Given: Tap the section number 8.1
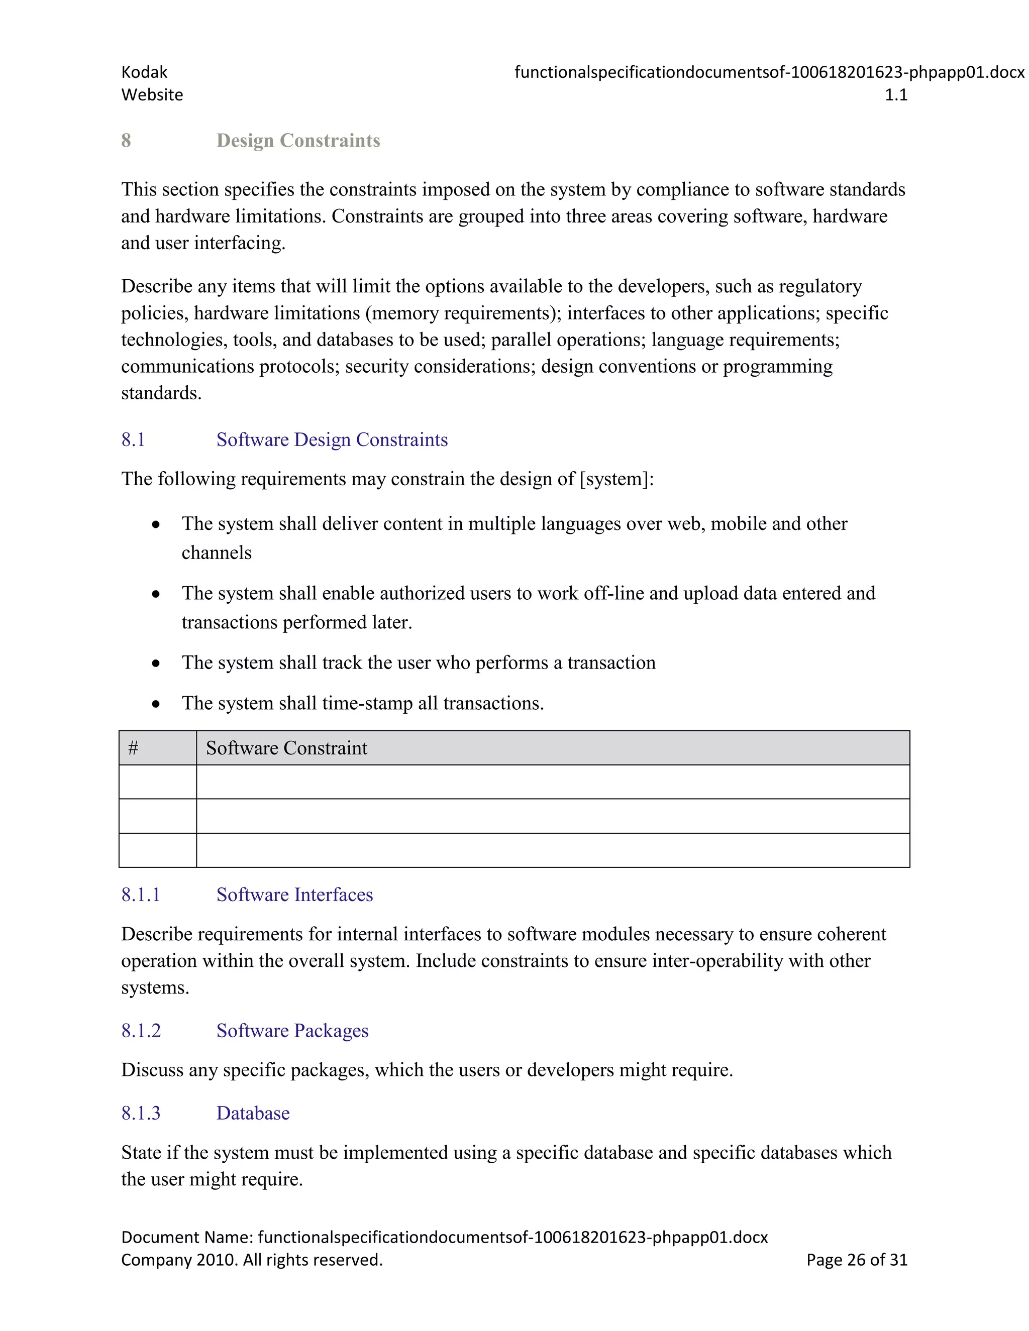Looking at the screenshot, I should coord(133,439).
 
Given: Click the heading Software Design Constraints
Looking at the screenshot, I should coord(332,439).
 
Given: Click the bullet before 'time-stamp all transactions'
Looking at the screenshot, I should coord(156,704).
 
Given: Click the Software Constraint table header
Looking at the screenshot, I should coord(286,748).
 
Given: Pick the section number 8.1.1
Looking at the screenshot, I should coord(140,895).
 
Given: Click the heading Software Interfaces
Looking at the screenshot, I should coord(294,895).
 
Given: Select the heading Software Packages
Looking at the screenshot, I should coord(292,1031).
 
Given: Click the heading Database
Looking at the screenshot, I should coord(253,1113).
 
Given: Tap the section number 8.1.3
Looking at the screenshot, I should coord(140,1113).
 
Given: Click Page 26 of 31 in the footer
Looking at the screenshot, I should coord(857,1260).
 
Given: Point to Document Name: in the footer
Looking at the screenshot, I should coord(186,1237).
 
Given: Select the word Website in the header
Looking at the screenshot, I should coord(152,95).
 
